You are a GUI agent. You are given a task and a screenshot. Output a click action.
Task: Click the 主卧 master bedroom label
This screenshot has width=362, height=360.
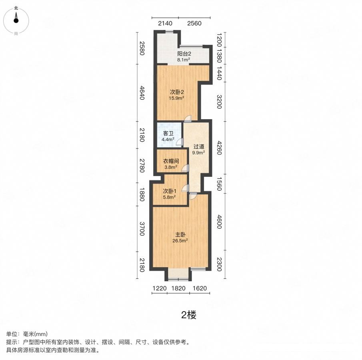(180, 235)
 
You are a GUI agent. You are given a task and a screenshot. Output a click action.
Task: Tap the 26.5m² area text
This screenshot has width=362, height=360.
(180, 241)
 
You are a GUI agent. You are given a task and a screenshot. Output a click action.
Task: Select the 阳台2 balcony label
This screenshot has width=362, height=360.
(184, 54)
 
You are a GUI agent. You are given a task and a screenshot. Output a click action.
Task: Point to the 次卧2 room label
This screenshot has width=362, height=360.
(177, 92)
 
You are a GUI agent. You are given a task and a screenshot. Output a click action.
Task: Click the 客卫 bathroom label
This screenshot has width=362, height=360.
(168, 134)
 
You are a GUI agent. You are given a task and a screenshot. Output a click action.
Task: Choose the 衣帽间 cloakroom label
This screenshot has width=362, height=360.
(171, 161)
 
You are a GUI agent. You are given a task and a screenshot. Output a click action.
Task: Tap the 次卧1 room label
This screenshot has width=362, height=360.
(170, 191)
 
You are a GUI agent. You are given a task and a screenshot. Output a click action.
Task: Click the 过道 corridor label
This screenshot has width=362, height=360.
(199, 147)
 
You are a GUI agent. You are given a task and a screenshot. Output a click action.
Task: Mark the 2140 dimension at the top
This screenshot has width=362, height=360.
(165, 23)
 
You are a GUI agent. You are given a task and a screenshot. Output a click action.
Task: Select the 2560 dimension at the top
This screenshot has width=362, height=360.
(194, 23)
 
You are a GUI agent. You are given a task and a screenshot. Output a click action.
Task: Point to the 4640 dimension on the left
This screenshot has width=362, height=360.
(142, 93)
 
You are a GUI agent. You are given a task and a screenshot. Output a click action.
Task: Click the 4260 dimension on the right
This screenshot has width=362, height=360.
(219, 148)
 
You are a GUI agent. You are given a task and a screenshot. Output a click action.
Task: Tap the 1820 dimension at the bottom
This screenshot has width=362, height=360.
(178, 288)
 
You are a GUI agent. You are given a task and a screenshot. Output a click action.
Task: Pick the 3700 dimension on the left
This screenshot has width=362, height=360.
(142, 229)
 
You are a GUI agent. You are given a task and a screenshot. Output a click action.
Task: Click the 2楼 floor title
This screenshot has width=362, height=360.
(189, 315)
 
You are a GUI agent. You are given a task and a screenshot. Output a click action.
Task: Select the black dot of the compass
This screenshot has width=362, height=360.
(16, 20)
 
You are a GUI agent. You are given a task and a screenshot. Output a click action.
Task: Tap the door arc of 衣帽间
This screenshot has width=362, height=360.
(185, 168)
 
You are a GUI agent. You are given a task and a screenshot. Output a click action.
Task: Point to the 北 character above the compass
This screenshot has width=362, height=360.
(16, 8)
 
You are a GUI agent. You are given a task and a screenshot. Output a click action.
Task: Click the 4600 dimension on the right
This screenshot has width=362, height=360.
(219, 222)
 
